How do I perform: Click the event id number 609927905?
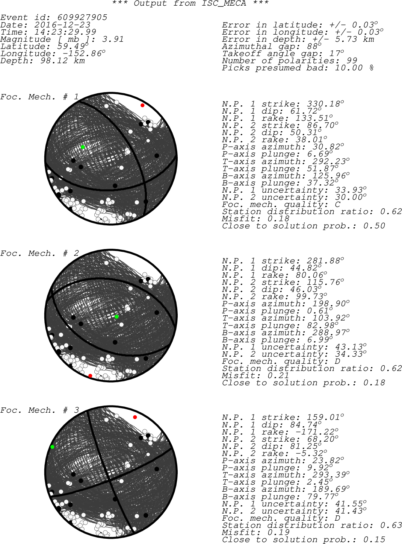pos(82,17)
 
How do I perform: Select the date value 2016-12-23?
pos(62,25)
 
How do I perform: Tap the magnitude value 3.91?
pos(113,39)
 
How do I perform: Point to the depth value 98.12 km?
pos(63,61)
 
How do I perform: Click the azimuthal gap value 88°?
pos(314,46)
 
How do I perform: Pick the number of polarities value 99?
pos(352,61)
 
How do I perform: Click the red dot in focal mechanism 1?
pos(142,105)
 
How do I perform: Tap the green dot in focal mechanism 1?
pos(83,147)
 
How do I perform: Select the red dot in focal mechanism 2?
pos(90,376)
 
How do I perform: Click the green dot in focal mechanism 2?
pos(116,317)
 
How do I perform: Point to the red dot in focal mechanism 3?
pos(135,417)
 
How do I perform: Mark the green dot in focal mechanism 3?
pos(52,447)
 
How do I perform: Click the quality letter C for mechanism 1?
pos(338,204)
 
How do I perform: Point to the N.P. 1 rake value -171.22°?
pos(317,432)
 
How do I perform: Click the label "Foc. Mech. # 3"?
pos(39,410)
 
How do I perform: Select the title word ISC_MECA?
pos(224,4)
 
